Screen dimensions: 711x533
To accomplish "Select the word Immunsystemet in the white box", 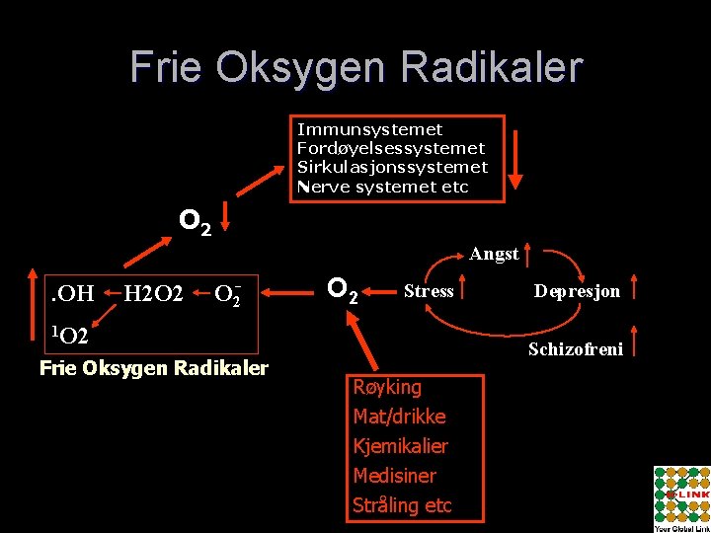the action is coord(370,129).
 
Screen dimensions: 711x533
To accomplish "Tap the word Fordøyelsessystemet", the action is coord(392,148).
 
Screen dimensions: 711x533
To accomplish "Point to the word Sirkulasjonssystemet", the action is coord(392,167).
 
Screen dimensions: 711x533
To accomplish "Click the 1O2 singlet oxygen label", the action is coord(71,336).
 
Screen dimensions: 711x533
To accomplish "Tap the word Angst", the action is coord(494,254).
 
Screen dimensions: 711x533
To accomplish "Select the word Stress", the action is coord(429,290).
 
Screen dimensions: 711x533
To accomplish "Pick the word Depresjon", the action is coord(578,290).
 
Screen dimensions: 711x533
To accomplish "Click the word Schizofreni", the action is coord(576,348).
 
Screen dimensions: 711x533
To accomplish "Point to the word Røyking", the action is coord(387,387).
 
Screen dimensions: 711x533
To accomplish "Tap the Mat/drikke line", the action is coord(399,417).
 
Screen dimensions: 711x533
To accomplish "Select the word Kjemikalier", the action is coord(400,446).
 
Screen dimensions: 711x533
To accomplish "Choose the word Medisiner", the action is coord(394,476).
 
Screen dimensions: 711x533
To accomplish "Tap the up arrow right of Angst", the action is coord(530,254).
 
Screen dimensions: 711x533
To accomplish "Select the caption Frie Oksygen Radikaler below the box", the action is coord(153,369).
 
